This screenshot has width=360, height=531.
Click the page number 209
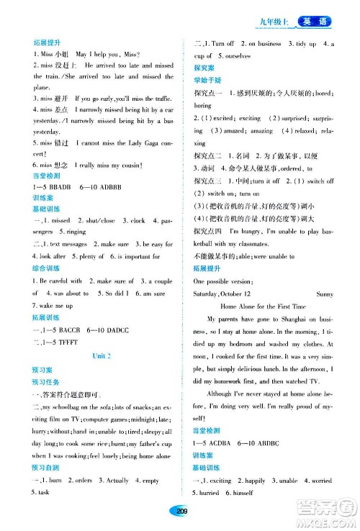pyautogui.click(x=179, y=510)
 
